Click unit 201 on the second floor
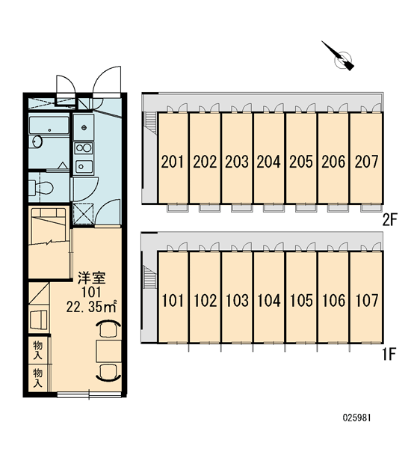click(x=173, y=158)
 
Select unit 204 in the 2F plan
click(x=269, y=158)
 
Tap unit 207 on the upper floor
click(x=367, y=158)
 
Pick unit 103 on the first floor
click(x=237, y=296)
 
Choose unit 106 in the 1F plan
click(x=333, y=296)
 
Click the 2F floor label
click(x=390, y=220)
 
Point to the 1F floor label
click(x=389, y=354)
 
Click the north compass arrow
click(x=338, y=56)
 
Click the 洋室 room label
click(x=92, y=278)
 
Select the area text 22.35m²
click(x=91, y=307)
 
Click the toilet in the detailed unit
click(x=41, y=188)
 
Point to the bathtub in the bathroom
click(x=49, y=125)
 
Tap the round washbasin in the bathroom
click(x=37, y=141)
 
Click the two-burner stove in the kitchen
click(x=84, y=148)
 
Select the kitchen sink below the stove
click(x=84, y=166)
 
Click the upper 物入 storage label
click(x=38, y=350)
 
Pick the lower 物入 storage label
click(x=38, y=378)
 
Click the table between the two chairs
click(x=108, y=351)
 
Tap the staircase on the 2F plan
click(x=150, y=123)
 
